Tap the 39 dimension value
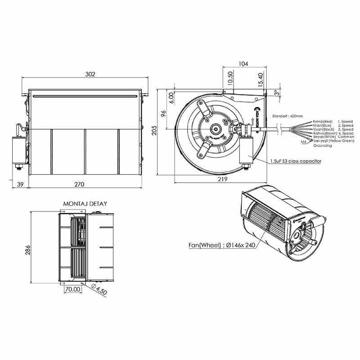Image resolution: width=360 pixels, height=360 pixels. point(19,185)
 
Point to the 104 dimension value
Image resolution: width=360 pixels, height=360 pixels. point(243,64)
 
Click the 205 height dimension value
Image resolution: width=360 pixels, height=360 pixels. point(154,130)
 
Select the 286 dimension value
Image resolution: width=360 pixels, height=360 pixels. point(28,249)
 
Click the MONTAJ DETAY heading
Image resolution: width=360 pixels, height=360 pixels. point(85,203)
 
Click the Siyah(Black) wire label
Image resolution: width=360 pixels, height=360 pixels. point(322,130)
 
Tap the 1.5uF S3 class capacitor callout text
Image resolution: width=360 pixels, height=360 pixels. point(295,160)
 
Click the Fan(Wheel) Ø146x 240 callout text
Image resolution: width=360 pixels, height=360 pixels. point(219,246)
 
